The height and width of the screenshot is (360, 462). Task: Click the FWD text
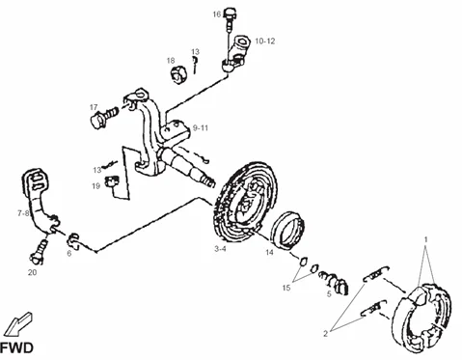[x=16, y=348]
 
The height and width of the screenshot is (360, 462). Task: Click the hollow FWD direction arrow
[x=19, y=323]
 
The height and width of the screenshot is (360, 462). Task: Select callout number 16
[x=217, y=14]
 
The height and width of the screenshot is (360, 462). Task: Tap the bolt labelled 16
[x=230, y=18]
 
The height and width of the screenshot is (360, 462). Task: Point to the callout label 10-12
[x=265, y=41]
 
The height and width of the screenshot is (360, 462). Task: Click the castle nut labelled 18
[x=177, y=74]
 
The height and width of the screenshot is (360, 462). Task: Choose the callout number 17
[x=94, y=107]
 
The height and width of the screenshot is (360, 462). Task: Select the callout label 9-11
[x=201, y=128]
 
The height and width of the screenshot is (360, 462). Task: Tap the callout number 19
[x=95, y=185]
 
